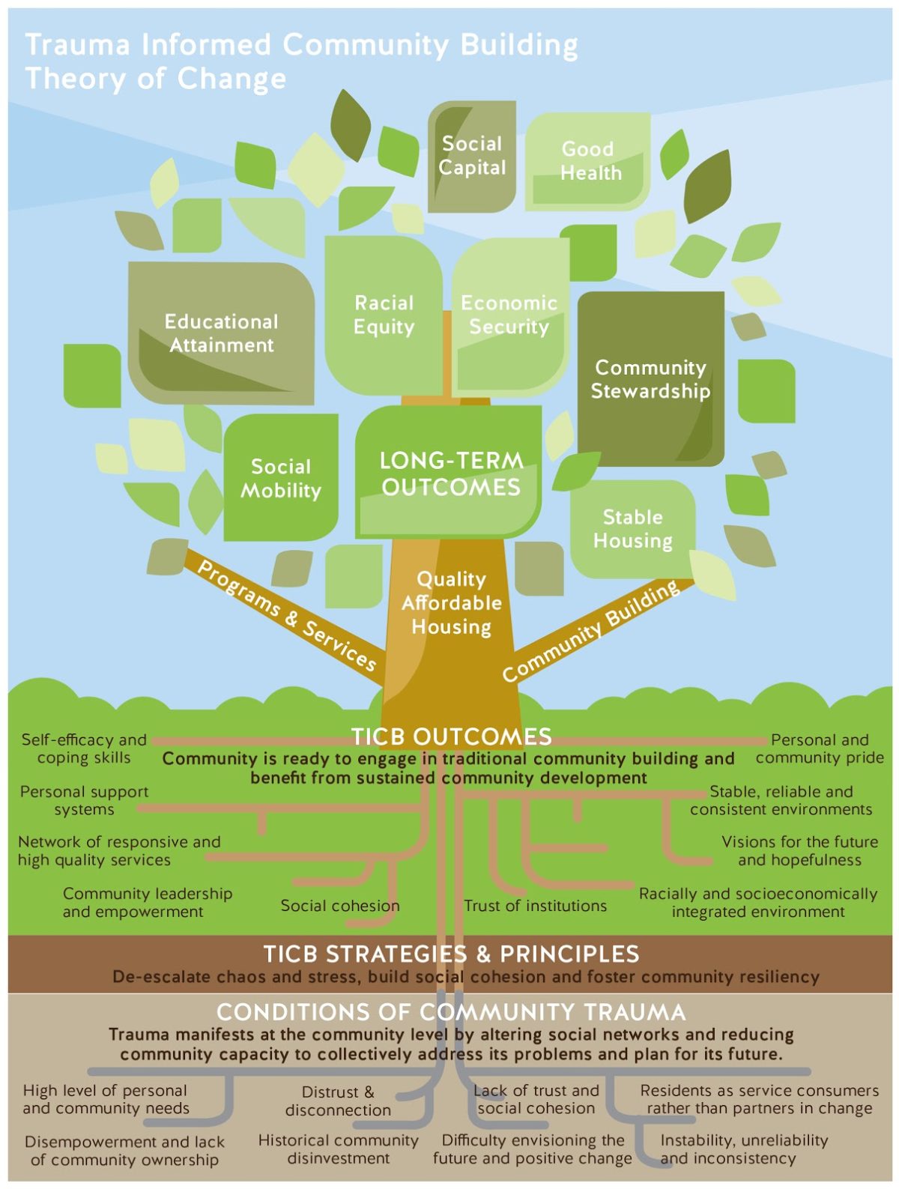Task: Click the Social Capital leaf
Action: [472, 156]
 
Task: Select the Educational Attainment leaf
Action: [222, 333]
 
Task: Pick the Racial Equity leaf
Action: [384, 315]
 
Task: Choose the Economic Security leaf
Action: [509, 315]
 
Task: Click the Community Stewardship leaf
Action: [650, 379]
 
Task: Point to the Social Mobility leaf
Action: [281, 478]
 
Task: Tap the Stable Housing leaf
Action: [633, 528]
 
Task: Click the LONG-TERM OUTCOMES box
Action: [450, 474]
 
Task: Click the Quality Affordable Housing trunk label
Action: [451, 602]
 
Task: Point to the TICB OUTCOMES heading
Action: [452, 736]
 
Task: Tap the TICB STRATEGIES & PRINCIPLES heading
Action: [452, 954]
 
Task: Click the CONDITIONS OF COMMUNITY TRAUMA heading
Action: [451, 1012]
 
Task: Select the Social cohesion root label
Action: [340, 906]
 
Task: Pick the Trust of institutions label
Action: [535, 906]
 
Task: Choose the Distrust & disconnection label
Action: [338, 1101]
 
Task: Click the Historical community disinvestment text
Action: [338, 1149]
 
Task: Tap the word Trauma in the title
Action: [77, 45]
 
